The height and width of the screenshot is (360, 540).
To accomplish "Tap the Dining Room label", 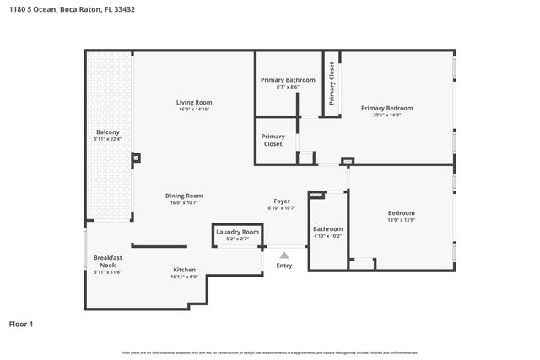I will [183, 196].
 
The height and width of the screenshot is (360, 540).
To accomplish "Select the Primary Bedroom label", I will [386, 108].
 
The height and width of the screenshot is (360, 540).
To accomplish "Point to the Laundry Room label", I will [237, 232].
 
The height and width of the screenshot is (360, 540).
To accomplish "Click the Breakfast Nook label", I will [108, 261].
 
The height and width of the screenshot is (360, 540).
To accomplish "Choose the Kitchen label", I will [185, 270].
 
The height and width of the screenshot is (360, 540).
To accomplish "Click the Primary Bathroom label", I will [288, 80].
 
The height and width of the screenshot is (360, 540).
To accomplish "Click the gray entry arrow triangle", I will [284, 255].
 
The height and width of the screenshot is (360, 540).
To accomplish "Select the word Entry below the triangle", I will [284, 266].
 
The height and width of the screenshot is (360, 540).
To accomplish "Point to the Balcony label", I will [107, 132].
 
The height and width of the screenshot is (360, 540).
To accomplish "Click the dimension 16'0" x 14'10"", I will [193, 110].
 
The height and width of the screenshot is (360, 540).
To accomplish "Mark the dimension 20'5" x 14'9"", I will [386, 116].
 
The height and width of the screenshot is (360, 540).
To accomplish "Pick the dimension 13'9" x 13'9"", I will [401, 221].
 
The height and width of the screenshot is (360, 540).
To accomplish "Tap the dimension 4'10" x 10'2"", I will [328, 236].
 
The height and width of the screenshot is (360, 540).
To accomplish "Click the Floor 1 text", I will [23, 324].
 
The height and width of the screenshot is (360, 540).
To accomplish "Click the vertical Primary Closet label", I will [332, 83].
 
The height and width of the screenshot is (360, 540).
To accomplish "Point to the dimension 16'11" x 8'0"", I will [184, 277].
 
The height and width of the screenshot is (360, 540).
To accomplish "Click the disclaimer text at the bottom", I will [269, 352].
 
